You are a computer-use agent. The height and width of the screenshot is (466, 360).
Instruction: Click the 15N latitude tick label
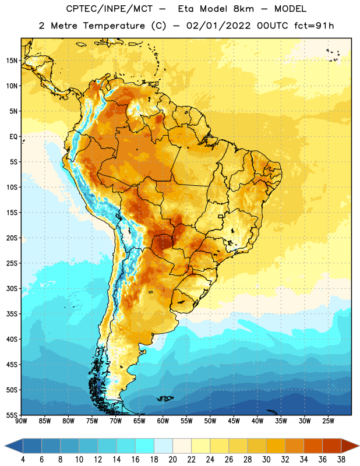[12, 61]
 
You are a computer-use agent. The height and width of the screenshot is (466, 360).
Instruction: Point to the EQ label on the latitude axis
[13, 137]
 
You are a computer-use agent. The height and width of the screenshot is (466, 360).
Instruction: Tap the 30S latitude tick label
[12, 288]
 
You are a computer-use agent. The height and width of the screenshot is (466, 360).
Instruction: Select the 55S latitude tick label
[12, 415]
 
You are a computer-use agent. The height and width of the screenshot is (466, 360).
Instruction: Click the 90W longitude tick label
[21, 421]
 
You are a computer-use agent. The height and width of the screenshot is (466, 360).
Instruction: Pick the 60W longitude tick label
[163, 421]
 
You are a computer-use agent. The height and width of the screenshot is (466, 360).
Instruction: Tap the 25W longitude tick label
[328, 421]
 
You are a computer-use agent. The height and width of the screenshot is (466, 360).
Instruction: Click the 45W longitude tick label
[234, 421]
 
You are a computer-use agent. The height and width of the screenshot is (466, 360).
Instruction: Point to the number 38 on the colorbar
[341, 460]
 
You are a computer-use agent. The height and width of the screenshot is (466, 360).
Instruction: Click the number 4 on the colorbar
[23, 460]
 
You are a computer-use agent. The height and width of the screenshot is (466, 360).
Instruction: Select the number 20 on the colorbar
[172, 460]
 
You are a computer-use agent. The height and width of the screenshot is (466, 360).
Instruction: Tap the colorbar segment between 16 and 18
[145, 446]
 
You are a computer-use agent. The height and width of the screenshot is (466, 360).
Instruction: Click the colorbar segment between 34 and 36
[313, 446]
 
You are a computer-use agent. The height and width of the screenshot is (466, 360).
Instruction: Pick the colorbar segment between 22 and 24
[200, 446]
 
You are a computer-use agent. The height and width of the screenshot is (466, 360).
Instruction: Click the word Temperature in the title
[114, 26]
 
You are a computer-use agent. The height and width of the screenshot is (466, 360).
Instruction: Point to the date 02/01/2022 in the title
[218, 26]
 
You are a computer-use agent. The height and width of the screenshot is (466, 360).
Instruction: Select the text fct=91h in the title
[314, 26]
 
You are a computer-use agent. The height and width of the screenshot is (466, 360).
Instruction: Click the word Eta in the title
[186, 9]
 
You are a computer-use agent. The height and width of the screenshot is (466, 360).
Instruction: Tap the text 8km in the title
[243, 9]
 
